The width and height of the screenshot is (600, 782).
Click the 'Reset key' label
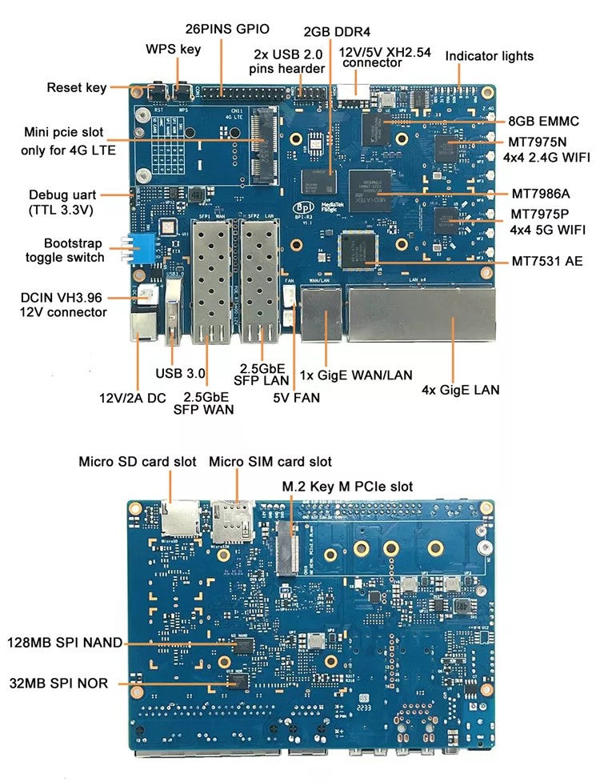76,87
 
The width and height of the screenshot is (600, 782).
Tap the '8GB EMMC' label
542,122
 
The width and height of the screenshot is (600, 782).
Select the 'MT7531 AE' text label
546,261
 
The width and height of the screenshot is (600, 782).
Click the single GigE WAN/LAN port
324,308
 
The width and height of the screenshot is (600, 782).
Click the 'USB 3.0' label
181,373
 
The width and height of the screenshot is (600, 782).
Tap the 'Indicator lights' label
489,56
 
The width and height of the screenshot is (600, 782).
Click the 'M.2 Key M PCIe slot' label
347,487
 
